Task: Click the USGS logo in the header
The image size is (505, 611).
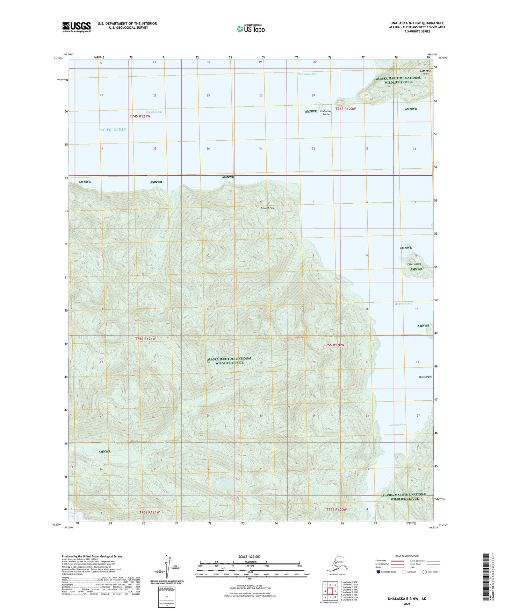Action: coord(76,27)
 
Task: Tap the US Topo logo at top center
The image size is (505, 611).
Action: coord(251,28)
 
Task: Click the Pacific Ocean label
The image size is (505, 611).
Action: coord(112,130)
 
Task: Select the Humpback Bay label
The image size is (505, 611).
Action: coord(306,74)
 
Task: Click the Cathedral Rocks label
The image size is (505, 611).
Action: coord(326,113)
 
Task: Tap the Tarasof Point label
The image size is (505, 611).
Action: coord(268,208)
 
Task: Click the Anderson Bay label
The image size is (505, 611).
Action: coord(404,304)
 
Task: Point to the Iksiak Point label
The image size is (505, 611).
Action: coord(425,377)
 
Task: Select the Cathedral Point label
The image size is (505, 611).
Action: coord(426,72)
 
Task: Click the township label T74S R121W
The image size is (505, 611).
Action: coord(140,116)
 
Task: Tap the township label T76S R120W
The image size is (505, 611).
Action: coord(336,510)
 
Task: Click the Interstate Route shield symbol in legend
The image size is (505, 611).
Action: coord(378,572)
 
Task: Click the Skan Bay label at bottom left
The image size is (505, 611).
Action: coord(72,514)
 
